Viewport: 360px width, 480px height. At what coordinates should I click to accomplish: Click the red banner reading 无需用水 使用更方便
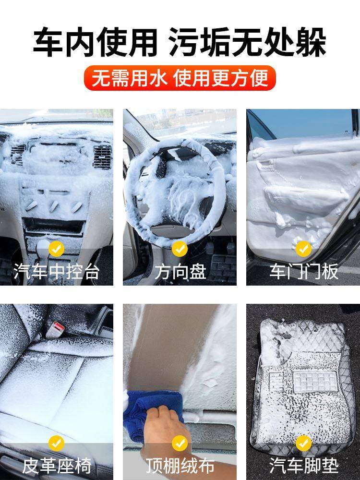pos(180,78)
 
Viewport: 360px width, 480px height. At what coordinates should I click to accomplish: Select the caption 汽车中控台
pos(57,272)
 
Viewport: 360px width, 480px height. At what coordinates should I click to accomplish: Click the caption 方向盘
pos(180,272)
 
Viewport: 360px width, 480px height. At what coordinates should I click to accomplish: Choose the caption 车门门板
pos(303,272)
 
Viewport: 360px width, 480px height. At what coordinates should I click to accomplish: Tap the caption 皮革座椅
pos(57,465)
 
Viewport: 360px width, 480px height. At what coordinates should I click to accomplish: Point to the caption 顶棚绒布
pos(180,465)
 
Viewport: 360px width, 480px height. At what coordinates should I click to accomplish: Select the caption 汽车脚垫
pos(303,465)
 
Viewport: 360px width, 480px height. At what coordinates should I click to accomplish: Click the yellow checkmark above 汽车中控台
pos(57,249)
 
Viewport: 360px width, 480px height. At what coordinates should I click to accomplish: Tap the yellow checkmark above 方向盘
pos(180,249)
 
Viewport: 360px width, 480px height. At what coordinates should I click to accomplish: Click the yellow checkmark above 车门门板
pos(303,249)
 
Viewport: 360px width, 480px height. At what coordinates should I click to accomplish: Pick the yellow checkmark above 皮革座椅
pos(57,443)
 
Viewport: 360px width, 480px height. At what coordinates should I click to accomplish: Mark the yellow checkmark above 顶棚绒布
pos(180,443)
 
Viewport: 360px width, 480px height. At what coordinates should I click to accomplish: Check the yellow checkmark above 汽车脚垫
pos(303,443)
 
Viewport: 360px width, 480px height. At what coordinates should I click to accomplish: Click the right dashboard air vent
pos(102,156)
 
